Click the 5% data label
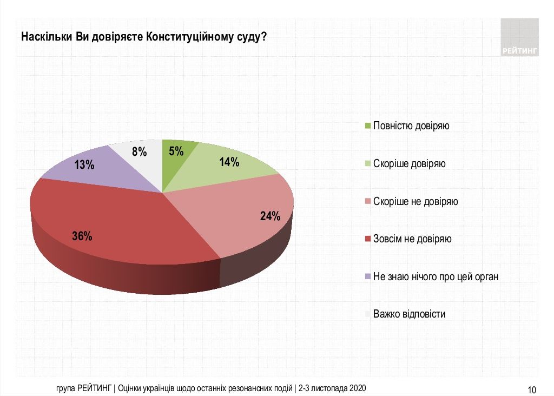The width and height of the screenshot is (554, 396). click(176, 151)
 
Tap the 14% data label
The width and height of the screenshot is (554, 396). click(229, 162)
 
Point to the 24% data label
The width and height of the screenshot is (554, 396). click(270, 217)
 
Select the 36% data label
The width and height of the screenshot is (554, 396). click(82, 236)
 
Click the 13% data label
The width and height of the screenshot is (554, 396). click(84, 165)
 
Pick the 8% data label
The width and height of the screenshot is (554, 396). click(140, 152)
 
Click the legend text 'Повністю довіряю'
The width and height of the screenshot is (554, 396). click(412, 126)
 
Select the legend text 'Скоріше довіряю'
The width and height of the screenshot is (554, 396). click(410, 163)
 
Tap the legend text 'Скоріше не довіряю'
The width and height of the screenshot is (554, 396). click(415, 201)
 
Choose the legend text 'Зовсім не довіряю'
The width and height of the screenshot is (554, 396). click(412, 239)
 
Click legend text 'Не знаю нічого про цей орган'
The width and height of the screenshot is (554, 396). click(436, 276)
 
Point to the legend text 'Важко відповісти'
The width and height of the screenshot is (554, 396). click(410, 314)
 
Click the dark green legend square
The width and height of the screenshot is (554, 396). click(368, 126)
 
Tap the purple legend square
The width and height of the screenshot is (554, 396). click(368, 276)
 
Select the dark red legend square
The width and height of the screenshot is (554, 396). click(368, 239)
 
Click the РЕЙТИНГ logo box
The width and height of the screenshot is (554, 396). click(519, 38)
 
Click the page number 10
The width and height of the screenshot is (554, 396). click(531, 390)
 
